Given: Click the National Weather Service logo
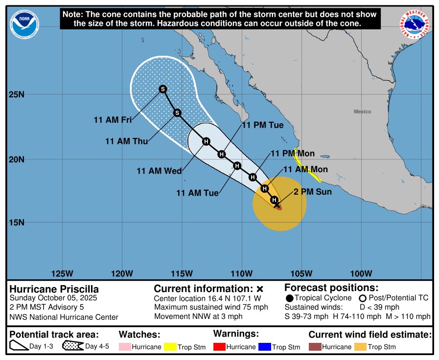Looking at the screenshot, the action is [x=416, y=24].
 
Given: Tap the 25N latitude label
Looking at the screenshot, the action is [x=17, y=94].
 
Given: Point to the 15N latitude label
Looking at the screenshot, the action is [x=17, y=223].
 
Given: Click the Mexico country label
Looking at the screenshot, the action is [x=362, y=112].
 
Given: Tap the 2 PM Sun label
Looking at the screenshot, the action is [x=313, y=192].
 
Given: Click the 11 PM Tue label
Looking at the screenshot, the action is [x=263, y=125].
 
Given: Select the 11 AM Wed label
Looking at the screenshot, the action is [x=159, y=171].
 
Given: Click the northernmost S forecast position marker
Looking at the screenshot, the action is [x=163, y=89].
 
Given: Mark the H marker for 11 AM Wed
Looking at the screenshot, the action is [x=206, y=141].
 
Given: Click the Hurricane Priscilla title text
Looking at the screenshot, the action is [x=54, y=289].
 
